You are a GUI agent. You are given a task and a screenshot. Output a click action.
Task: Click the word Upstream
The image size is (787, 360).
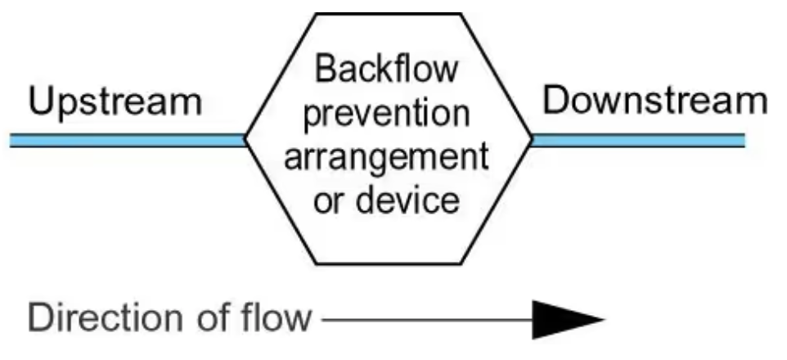point(115,104)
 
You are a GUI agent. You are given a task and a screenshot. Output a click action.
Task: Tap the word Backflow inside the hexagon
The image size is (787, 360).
point(388,72)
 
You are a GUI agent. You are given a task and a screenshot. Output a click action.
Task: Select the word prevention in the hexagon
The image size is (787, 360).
point(388,115)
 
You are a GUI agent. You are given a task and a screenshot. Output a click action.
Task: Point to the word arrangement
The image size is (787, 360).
point(388,157)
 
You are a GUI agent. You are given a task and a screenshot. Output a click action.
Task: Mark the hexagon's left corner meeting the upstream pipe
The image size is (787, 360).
point(246,140)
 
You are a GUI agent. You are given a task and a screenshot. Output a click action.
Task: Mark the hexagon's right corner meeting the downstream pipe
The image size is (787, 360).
point(531,139)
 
